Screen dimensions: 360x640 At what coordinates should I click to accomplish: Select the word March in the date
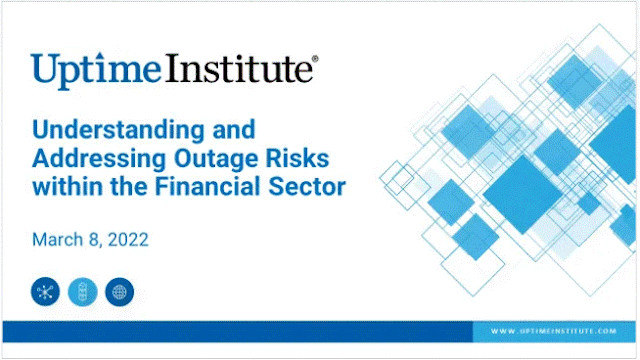coord(59,240)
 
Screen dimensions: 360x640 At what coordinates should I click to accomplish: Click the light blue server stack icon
coord(82,293)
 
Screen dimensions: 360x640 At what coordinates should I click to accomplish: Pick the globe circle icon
coord(119,293)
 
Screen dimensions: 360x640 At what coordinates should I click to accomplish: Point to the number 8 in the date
coord(98,240)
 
